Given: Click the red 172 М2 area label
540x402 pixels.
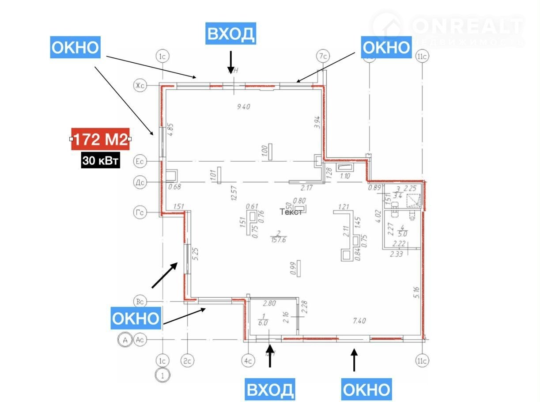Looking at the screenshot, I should (100, 140).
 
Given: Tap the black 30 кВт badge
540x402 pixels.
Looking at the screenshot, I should (101, 161).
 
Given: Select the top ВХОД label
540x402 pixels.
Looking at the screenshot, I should (230, 34).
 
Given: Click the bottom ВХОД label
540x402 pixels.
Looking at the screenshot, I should (269, 389).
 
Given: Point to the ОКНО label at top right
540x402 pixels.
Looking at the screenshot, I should (386, 46).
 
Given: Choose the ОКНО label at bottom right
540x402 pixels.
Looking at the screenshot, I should (366, 389).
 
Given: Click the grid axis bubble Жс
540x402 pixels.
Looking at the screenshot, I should (140, 86).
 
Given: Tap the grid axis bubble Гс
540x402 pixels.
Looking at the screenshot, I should (140, 213).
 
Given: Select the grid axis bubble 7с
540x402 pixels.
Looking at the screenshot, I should (324, 56).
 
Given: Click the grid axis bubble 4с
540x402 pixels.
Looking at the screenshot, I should (248, 361).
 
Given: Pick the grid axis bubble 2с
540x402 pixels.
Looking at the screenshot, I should (188, 361).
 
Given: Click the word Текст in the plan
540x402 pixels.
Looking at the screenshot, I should (291, 212).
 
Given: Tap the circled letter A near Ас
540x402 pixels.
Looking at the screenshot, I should (125, 340).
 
